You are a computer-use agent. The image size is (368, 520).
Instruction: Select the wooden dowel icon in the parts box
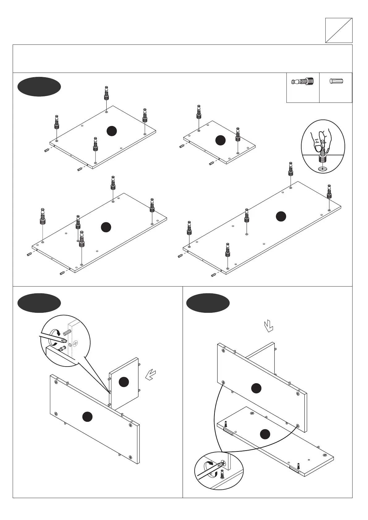(336, 82)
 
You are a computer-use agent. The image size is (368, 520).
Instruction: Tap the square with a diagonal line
(339, 30)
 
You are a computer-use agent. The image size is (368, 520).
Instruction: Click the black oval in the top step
(39, 87)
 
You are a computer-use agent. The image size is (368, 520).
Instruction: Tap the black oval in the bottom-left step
(39, 303)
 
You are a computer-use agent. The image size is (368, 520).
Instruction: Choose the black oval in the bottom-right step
(208, 303)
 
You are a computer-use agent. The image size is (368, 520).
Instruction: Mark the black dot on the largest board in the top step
(281, 216)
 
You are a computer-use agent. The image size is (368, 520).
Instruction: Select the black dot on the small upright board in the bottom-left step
(124, 382)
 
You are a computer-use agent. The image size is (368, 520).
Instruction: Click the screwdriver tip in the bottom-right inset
(222, 463)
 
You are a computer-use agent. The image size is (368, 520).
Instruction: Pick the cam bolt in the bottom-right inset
(222, 474)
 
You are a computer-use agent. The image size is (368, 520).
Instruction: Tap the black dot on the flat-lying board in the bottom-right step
(265, 434)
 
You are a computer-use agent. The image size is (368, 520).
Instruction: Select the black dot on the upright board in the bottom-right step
(256, 388)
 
